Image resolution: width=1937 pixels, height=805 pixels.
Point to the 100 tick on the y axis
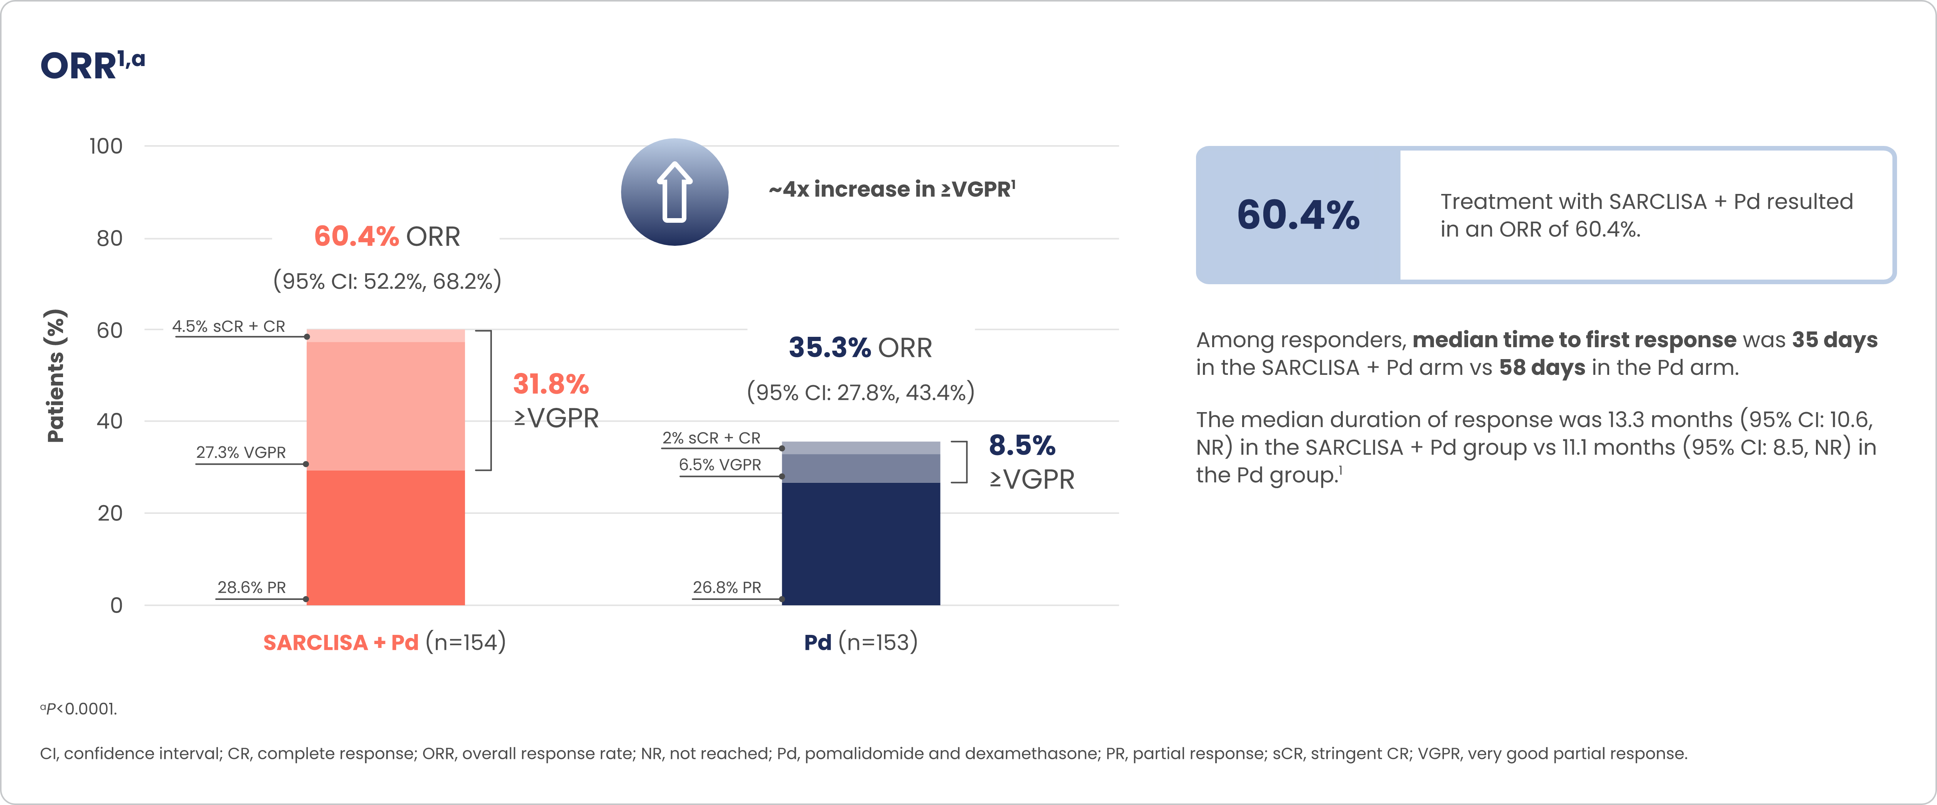pos(106,146)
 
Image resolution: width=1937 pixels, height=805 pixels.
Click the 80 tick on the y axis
pos(110,238)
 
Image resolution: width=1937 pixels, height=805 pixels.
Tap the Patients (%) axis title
pos(56,376)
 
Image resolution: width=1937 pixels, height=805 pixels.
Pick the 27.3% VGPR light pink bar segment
pos(386,406)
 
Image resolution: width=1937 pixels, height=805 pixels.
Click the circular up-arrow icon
pos(674,192)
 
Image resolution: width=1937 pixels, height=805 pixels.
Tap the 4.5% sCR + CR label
pos(229,326)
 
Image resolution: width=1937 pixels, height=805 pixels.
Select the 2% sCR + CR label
pos(711,437)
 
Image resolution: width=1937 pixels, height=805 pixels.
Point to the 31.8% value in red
pos(551,384)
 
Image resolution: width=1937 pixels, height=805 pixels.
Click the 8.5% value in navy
pos(1022,445)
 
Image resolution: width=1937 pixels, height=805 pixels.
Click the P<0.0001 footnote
pos(79,709)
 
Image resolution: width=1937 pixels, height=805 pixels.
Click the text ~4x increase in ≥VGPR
pos(892,189)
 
